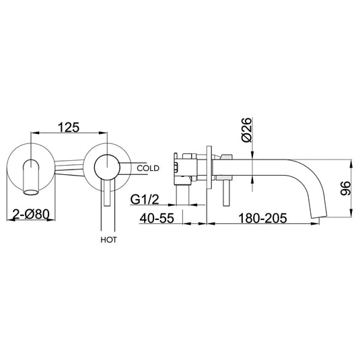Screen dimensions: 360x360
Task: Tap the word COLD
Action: [x=149, y=168]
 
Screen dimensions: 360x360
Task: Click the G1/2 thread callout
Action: [x=146, y=199]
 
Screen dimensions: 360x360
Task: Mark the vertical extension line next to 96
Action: [x=352, y=188]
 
